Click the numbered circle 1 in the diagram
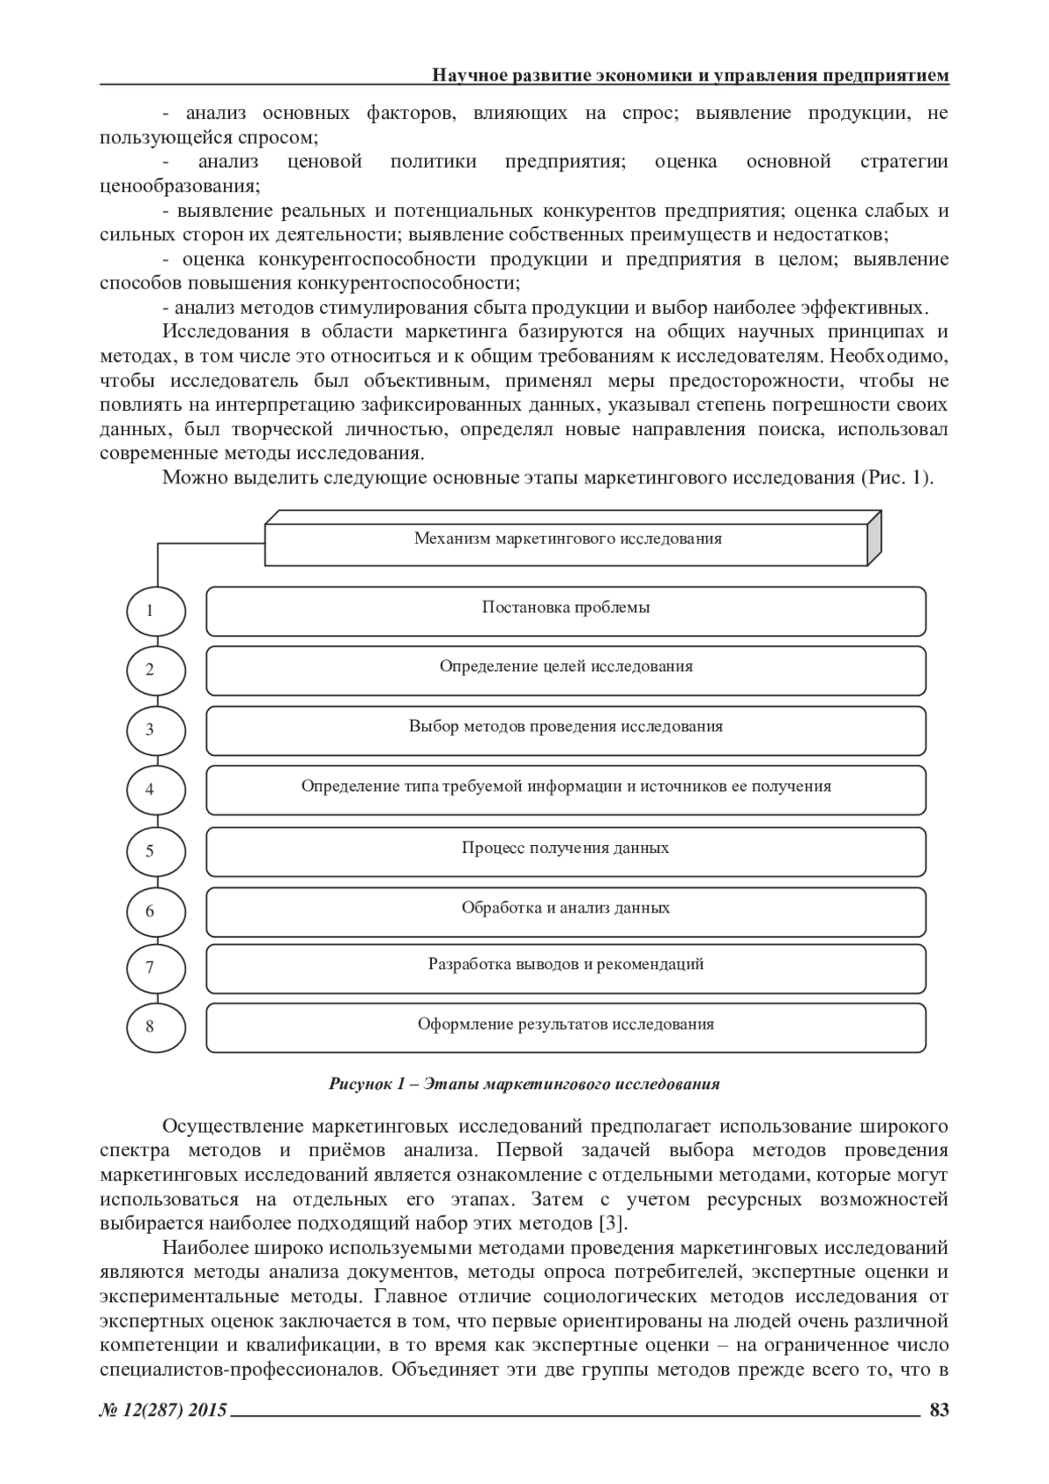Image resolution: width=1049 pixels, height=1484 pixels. (156, 610)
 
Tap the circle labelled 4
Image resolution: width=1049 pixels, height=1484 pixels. (156, 788)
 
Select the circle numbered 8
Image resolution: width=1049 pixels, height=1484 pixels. (156, 1025)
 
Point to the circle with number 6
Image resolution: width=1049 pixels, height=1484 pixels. (156, 911)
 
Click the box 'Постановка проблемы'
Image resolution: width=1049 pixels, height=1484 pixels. (566, 610)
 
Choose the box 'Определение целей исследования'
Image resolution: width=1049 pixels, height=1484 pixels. (566, 669)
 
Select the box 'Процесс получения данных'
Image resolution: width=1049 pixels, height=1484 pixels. (566, 850)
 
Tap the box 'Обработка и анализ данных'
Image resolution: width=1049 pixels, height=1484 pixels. (566, 911)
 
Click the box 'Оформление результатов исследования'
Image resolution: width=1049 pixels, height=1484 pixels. (566, 1027)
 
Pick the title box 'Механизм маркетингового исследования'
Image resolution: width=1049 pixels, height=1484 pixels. (567, 539)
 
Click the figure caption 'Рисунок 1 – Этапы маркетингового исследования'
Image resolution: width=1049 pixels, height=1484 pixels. (524, 1084)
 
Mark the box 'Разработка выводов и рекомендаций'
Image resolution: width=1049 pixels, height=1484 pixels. (566, 967)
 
